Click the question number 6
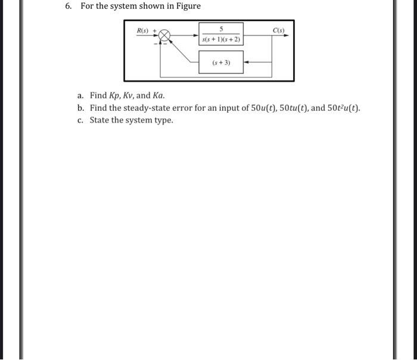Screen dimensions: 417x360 click(x=69, y=6)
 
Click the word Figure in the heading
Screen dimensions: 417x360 click(x=186, y=6)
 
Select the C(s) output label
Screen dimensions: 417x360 click(x=279, y=30)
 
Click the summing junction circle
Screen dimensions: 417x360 click(x=165, y=36)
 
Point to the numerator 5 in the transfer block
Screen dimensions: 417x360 click(x=221, y=29)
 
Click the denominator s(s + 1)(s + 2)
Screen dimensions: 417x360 click(x=221, y=39)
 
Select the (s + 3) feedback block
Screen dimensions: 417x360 click(x=221, y=62)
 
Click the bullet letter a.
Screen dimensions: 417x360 click(x=80, y=95)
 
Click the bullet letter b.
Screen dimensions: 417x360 click(x=80, y=108)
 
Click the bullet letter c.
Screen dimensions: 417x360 click(x=80, y=120)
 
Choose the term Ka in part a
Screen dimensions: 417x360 click(x=158, y=95)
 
